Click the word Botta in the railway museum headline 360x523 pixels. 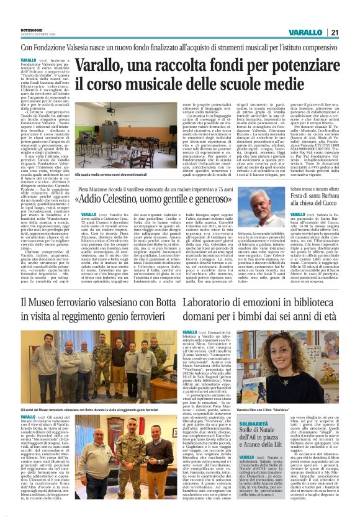point(169,302)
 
